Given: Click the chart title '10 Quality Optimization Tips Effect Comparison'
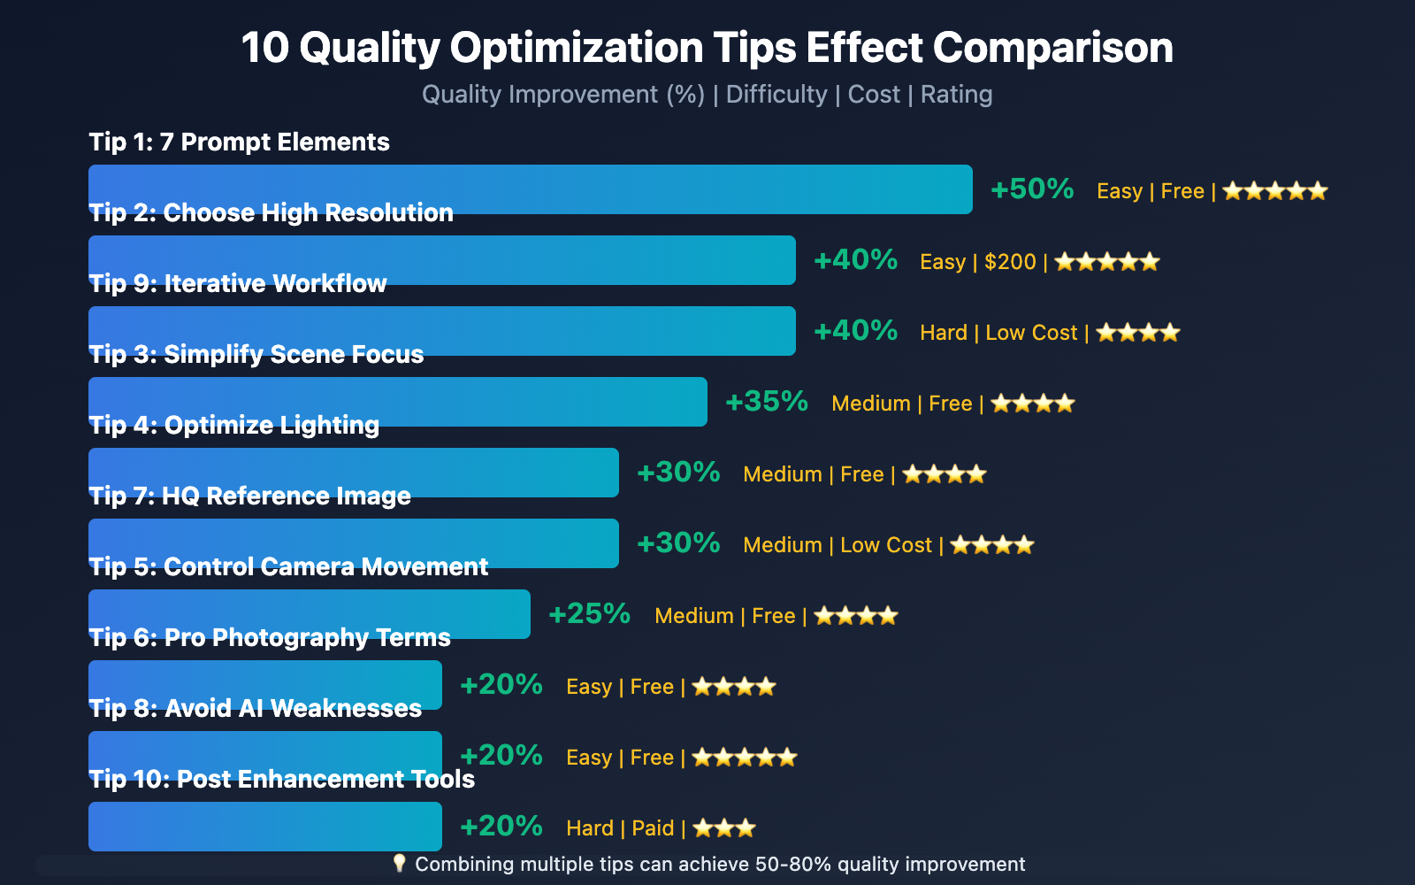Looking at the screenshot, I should [x=707, y=48].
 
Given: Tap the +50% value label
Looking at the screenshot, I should [x=1032, y=189].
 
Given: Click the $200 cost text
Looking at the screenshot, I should [x=1010, y=262].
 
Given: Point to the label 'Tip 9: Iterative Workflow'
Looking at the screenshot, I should [x=238, y=283].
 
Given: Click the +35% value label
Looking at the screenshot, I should [x=767, y=402].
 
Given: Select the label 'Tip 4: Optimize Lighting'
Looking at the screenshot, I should [x=234, y=425].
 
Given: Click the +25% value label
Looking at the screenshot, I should [x=590, y=614].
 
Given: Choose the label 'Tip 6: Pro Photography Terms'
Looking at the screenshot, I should [x=270, y=637].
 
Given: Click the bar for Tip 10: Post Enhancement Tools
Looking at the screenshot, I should [x=265, y=827].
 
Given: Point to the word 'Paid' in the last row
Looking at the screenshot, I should [x=653, y=828].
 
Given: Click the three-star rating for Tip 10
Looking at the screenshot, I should [x=724, y=828].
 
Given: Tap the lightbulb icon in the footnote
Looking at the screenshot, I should [x=399, y=863].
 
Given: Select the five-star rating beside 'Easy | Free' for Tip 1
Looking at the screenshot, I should [x=1275, y=191].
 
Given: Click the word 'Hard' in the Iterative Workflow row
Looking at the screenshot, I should [x=944, y=333].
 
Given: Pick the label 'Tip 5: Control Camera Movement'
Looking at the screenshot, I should [x=288, y=566].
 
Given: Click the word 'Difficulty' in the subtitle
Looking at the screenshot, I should [x=776, y=95].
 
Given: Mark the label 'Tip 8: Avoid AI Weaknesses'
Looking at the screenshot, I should [x=256, y=708].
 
